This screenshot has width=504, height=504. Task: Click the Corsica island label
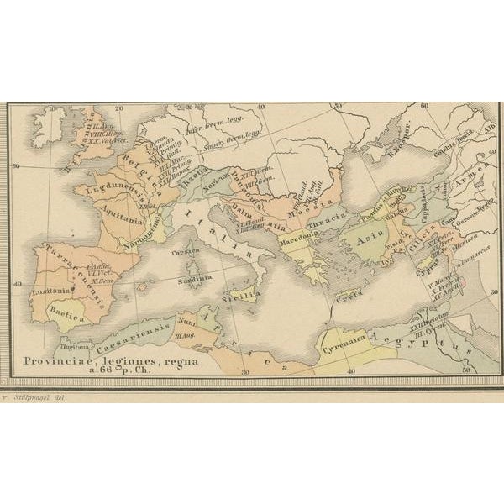[191, 251]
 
